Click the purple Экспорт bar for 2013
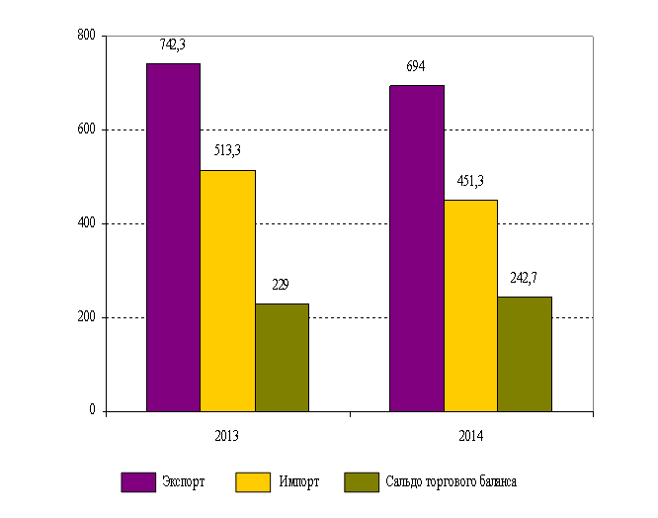pyautogui.click(x=173, y=237)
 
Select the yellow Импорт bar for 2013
pyautogui.click(x=227, y=291)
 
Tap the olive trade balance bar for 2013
pyautogui.click(x=282, y=357)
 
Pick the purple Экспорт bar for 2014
pyautogui.click(x=416, y=248)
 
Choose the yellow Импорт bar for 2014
pyautogui.click(x=470, y=305)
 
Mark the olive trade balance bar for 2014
pyautogui.click(x=525, y=354)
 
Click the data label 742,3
pyautogui.click(x=174, y=44)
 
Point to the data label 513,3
pyautogui.click(x=227, y=150)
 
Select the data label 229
pyautogui.click(x=281, y=285)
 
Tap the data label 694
pyautogui.click(x=416, y=66)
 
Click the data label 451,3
pyautogui.click(x=469, y=180)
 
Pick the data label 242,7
pyautogui.click(x=524, y=278)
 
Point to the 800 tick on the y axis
pyautogui.click(x=86, y=36)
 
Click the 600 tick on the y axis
pyautogui.click(x=86, y=129)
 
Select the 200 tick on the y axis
pyautogui.click(x=86, y=317)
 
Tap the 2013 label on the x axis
pyautogui.click(x=227, y=435)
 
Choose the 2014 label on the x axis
pyautogui.click(x=470, y=435)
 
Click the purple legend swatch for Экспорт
pyautogui.click(x=139, y=481)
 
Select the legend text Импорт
pyautogui.click(x=298, y=482)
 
